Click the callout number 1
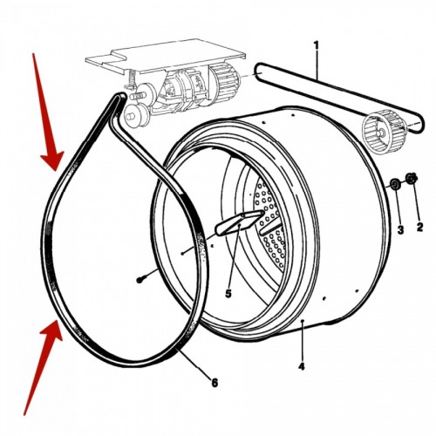click(x=316, y=45)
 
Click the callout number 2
click(x=419, y=227)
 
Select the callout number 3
click(x=400, y=230)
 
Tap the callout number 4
click(x=302, y=366)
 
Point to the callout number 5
click(x=228, y=294)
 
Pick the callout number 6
click(x=215, y=383)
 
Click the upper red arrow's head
click(x=53, y=160)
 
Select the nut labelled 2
click(x=412, y=178)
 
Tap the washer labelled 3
click(x=395, y=184)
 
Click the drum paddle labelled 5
click(x=239, y=222)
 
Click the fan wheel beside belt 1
click(x=379, y=131)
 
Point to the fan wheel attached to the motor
click(x=223, y=78)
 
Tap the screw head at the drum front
click(x=140, y=280)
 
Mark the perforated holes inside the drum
click(x=270, y=226)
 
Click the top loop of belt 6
click(x=119, y=98)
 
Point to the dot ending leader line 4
click(x=303, y=321)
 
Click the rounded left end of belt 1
click(x=257, y=71)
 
